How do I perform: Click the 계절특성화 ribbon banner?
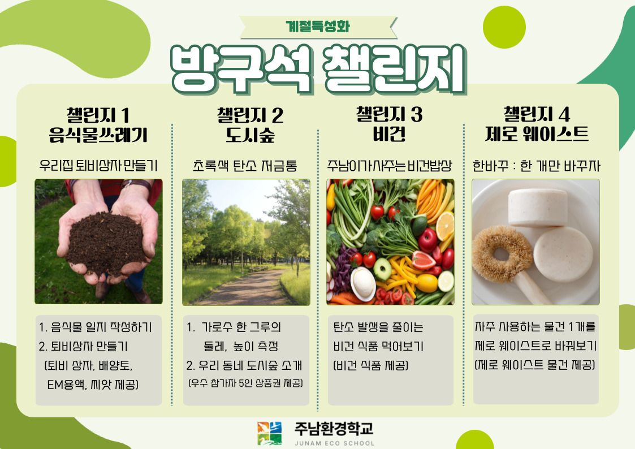point(318,27)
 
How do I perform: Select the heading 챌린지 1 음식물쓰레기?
point(98,125)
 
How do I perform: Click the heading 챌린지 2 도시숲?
point(250,125)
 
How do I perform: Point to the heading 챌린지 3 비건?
point(389,124)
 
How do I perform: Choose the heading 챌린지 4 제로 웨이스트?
point(537,124)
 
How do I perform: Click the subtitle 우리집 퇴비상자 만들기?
point(98,166)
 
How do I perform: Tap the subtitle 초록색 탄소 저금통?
point(245,166)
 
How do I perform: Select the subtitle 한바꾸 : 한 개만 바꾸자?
point(536,166)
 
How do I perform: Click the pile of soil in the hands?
point(105,243)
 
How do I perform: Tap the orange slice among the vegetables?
point(444,226)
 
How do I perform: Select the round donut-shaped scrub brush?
point(502,254)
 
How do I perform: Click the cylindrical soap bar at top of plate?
point(537,208)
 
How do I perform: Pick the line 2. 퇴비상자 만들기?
point(84,346)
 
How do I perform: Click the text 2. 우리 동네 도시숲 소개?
point(244,365)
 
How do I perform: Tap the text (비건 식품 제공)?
point(370,366)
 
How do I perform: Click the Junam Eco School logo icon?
point(270,433)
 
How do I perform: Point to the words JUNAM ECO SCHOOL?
point(335,443)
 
